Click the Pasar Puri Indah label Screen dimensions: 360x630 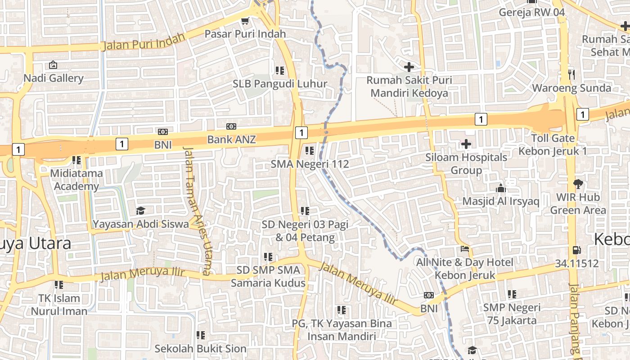point(245,34)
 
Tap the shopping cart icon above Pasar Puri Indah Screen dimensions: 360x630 point(245,21)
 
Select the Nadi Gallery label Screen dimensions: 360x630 point(54,78)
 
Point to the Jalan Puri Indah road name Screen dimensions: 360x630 point(144,41)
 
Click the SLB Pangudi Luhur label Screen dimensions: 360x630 point(280,84)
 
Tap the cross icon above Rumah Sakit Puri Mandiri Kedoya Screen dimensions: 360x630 point(409,67)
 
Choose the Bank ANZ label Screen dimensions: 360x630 point(231,139)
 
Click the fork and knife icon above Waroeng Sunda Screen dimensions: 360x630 point(572,75)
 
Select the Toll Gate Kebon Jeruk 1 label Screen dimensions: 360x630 point(553,144)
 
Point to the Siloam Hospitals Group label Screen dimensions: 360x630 point(466,163)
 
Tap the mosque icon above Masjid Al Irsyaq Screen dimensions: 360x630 point(500,188)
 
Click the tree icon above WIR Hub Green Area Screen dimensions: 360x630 point(578,184)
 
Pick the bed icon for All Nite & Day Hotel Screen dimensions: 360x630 point(465,248)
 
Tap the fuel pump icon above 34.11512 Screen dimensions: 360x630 point(576,250)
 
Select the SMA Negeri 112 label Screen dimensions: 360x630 point(310,164)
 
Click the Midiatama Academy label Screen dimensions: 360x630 point(76,180)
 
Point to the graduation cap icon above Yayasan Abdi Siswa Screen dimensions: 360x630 point(140,211)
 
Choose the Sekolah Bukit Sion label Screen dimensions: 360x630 point(201,348)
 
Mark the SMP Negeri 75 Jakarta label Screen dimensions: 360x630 point(512,314)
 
